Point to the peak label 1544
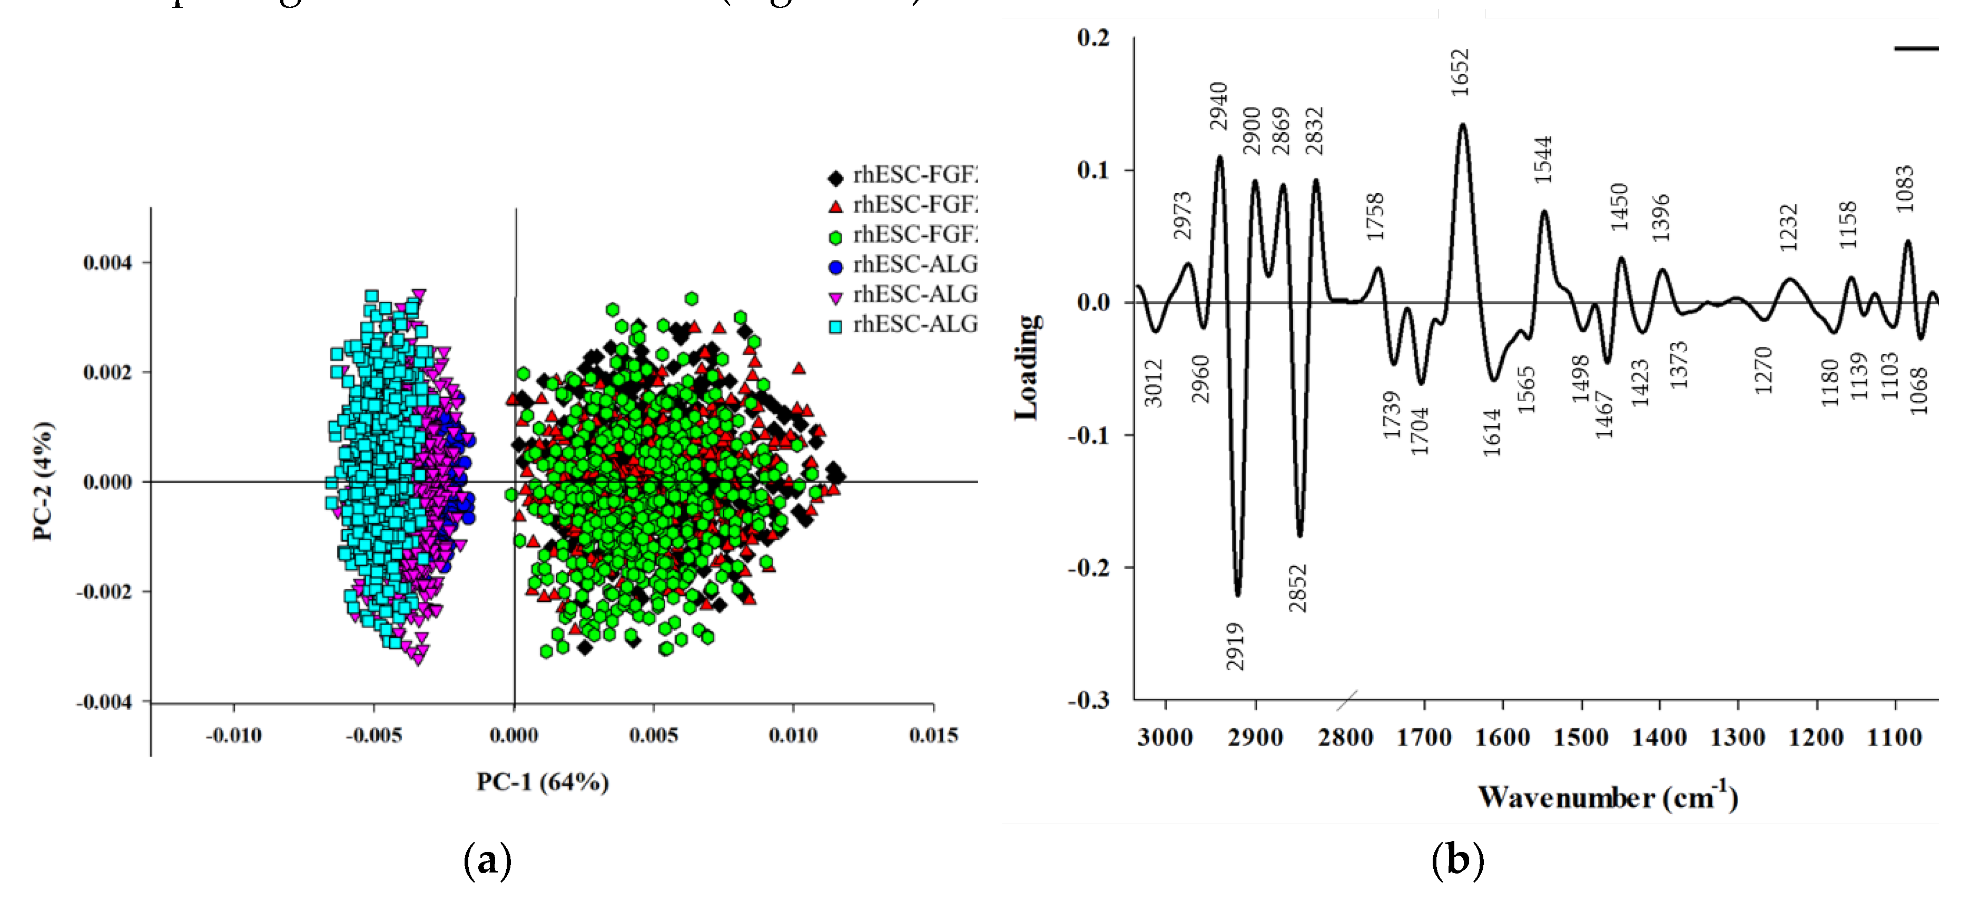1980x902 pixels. [x=1543, y=159]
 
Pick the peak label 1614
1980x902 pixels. [x=1492, y=432]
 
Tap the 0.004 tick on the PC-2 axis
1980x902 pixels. [x=107, y=263]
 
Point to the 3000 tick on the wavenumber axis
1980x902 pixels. [x=1165, y=738]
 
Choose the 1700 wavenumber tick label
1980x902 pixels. [x=1424, y=738]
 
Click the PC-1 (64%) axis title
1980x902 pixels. [x=543, y=782]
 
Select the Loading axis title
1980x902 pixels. [x=1028, y=367]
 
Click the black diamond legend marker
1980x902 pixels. [x=835, y=177]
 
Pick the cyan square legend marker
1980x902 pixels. [x=835, y=326]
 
